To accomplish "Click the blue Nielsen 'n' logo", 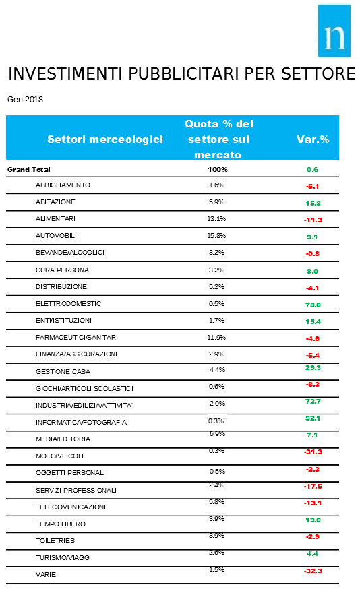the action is coord(334,31).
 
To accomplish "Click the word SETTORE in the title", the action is coord(318,73).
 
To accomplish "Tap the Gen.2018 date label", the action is coord(25,100).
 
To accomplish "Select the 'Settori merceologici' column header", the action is coord(105,139).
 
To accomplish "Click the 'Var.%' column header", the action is coord(313,139).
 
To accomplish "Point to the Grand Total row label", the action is coord(29,169).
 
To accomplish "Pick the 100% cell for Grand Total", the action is coord(218,169).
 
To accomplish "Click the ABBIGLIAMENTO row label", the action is coord(63,185).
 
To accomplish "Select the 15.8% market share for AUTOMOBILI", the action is coord(216,235).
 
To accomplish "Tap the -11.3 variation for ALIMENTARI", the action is coord(313,220).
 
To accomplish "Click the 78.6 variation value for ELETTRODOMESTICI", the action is coord(313,305).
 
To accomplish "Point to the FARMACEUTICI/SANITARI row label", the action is coord(77,338).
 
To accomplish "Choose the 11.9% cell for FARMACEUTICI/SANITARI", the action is coord(216,338).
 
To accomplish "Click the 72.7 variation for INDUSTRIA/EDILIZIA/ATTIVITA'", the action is coord(313,401).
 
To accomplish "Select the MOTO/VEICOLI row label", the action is coord(59,456).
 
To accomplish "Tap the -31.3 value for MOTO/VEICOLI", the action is coord(313,452).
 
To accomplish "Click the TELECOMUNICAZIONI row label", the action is coord(71,507).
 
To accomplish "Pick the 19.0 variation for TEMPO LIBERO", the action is coord(313,520).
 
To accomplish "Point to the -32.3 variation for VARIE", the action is coord(313,571).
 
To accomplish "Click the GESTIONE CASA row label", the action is coord(63,371).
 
